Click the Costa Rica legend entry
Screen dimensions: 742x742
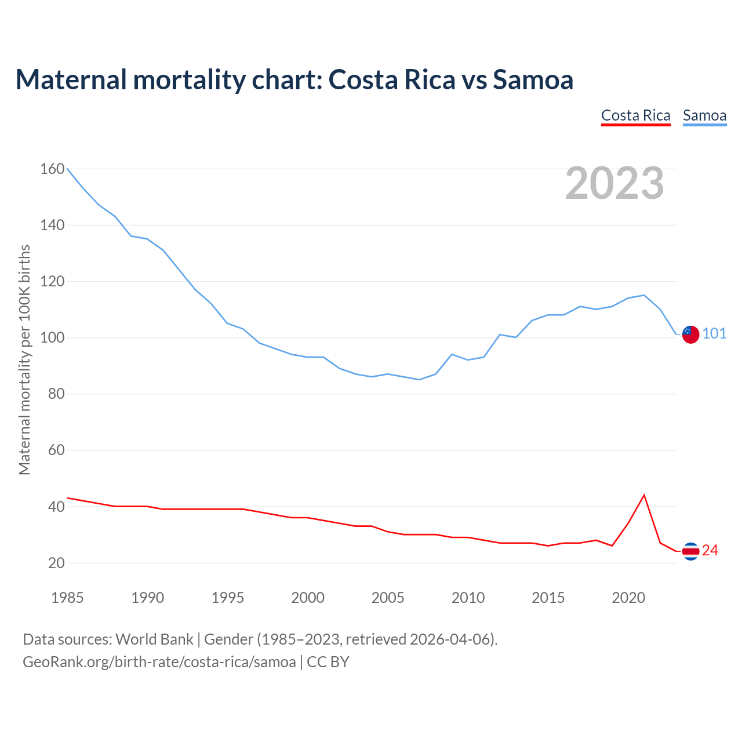[635, 115]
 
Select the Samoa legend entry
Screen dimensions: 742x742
[704, 115]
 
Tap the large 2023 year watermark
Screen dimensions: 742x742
[614, 183]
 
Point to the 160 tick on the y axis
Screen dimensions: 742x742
[52, 169]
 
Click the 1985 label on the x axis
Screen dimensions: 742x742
[67, 598]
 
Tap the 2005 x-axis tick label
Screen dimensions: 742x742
[388, 598]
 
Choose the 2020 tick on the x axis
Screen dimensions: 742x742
[628, 598]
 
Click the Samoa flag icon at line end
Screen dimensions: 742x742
[690, 334]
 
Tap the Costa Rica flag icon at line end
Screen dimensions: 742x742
[690, 551]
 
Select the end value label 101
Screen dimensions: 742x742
[714, 334]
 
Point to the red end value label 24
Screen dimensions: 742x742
[710, 551]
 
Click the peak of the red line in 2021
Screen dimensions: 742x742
[644, 495]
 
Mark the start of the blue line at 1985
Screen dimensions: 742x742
[67, 169]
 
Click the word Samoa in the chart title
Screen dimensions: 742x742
[533, 79]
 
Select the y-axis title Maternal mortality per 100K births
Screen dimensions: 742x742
[24, 360]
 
